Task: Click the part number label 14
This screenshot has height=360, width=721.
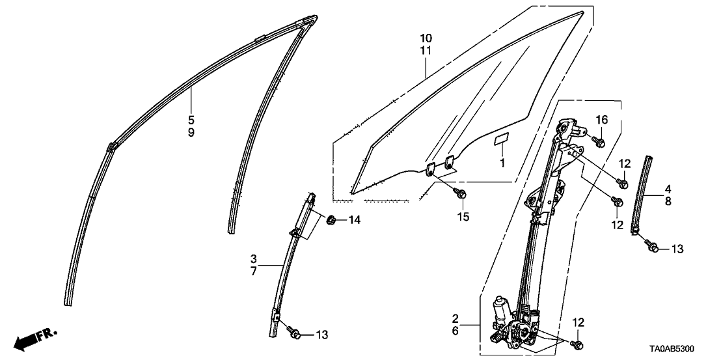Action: (354, 220)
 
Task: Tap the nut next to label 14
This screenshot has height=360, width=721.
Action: (330, 221)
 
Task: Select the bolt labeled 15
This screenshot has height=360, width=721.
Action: (461, 193)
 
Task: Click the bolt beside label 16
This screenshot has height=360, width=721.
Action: (598, 141)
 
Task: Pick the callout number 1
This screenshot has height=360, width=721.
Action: (502, 162)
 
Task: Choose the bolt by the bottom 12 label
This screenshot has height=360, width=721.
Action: (576, 344)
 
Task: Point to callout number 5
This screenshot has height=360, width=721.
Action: (191, 120)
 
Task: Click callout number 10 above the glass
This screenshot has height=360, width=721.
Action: (426, 38)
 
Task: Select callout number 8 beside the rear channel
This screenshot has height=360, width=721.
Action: (668, 201)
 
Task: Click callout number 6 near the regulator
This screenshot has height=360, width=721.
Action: (456, 331)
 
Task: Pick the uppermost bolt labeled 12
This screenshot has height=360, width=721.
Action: (624, 184)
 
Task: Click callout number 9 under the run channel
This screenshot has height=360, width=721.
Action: (191, 133)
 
